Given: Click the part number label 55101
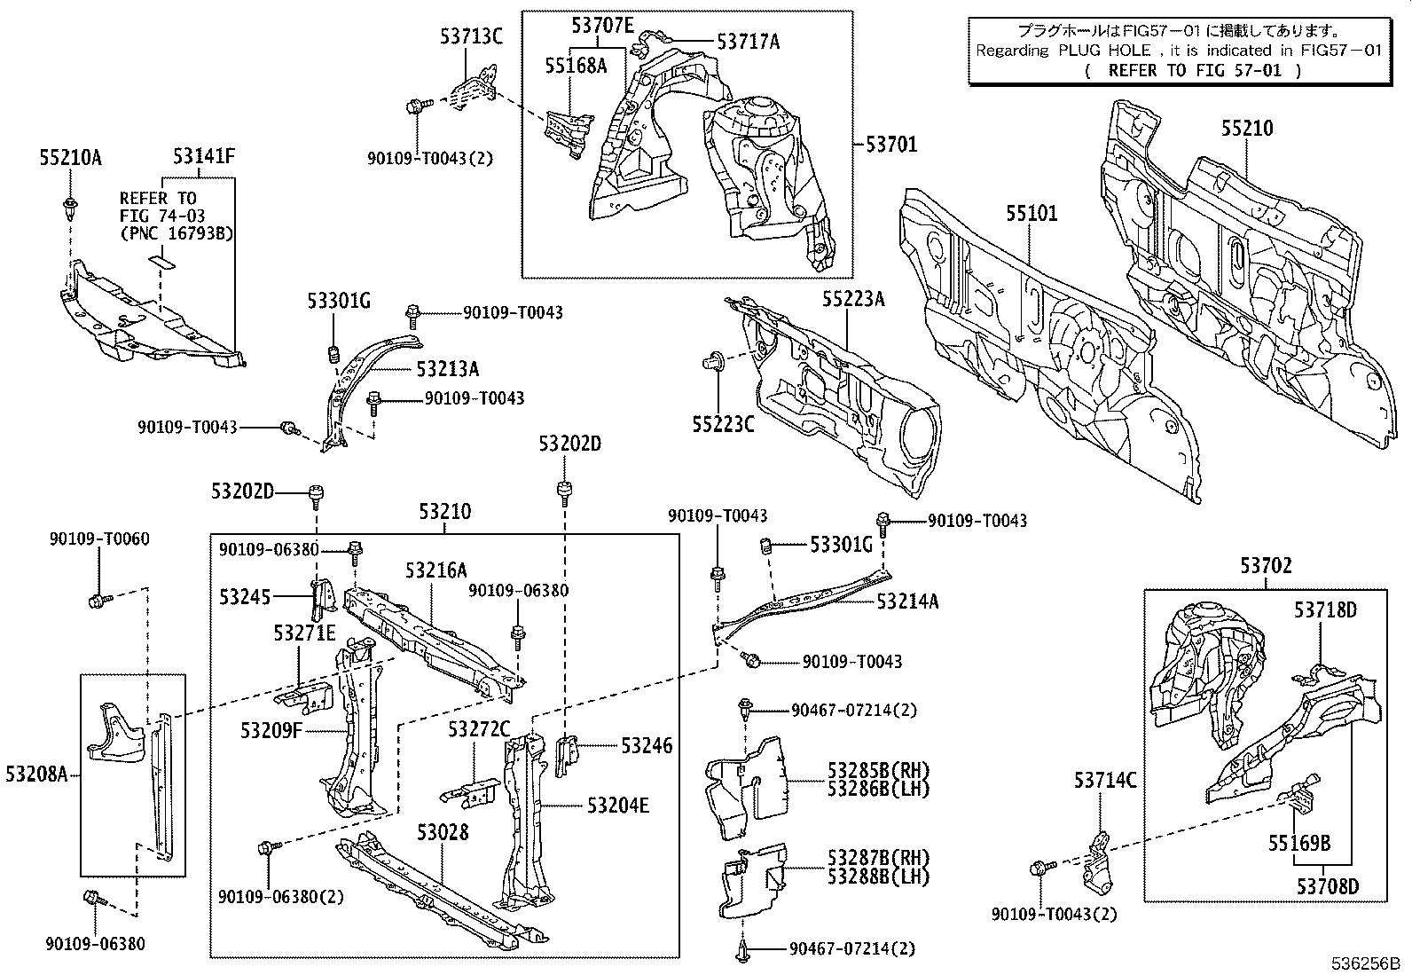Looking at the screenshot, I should coord(1032,214).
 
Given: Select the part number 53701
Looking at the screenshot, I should coord(891,144).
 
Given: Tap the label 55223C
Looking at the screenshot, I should coord(723,425).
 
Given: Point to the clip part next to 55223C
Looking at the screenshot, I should coord(711,362).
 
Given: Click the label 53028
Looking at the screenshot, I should coord(443,832).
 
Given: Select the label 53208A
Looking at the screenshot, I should coord(36,775).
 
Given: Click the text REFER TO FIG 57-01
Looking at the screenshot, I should coord(1193,70).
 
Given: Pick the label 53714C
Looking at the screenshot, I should coord(1104,781).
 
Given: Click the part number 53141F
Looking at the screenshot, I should coord(204,157).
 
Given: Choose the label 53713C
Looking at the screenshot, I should coord(471,36).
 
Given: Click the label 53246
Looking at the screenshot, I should coord(646,746).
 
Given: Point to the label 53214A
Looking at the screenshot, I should coord(907,602).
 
